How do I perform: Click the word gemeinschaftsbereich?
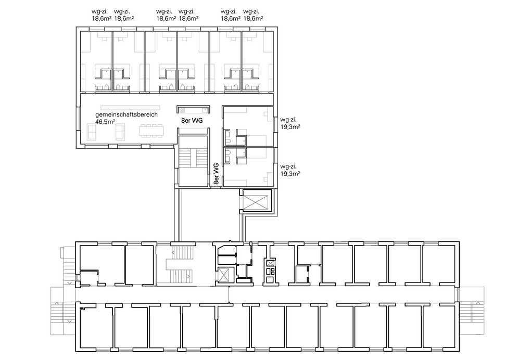point(127,115)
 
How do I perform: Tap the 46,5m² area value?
point(105,121)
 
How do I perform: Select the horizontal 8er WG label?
point(192,121)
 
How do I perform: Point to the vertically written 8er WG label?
point(217,174)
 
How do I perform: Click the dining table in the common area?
point(152,131)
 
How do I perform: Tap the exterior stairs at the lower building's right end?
point(472,310)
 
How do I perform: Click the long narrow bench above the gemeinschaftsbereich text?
point(130,108)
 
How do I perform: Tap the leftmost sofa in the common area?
point(92,132)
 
